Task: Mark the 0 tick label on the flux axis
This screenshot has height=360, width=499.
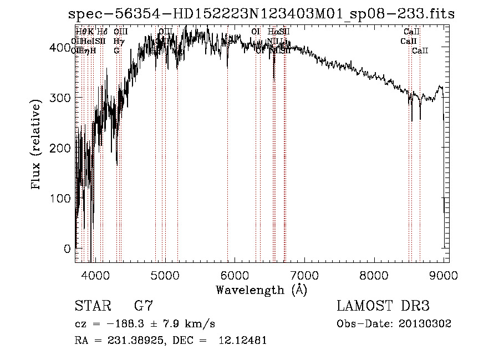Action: click(x=67, y=249)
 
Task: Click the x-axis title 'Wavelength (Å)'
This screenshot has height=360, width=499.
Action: click(x=261, y=290)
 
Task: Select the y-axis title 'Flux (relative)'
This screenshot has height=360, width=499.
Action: click(x=37, y=145)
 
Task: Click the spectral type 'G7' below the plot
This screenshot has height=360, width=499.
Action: click(x=143, y=306)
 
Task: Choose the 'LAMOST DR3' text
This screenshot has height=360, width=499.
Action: click(x=383, y=306)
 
